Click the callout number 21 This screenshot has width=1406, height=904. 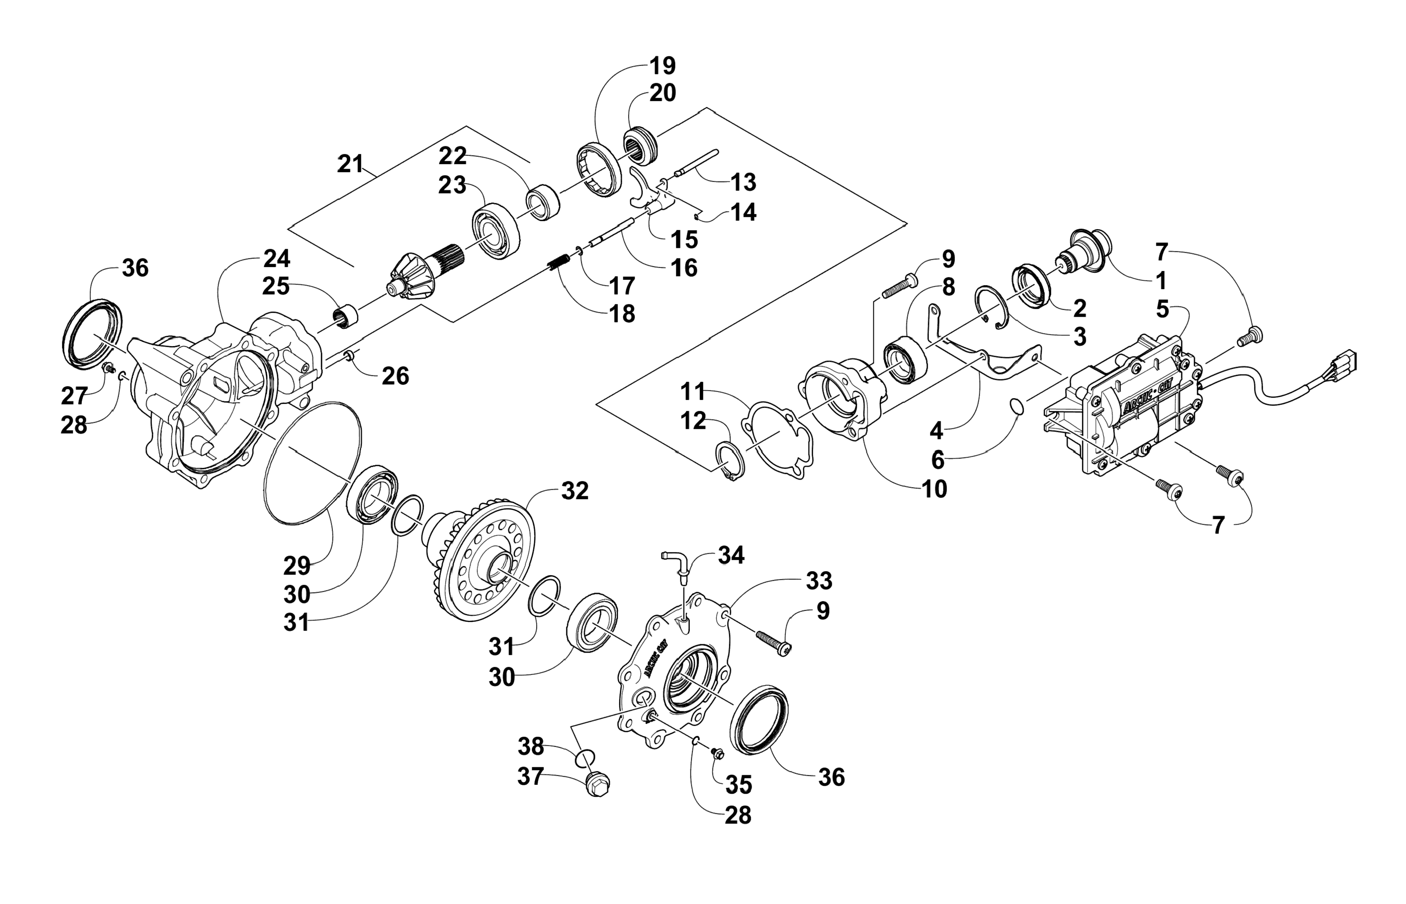(x=350, y=164)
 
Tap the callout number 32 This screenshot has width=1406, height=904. (x=574, y=491)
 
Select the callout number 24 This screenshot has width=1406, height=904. (x=276, y=258)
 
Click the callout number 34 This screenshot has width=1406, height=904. (x=731, y=555)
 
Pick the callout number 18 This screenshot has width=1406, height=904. (x=622, y=314)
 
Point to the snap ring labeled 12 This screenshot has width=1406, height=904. (x=731, y=463)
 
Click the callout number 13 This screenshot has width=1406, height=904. (x=743, y=183)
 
